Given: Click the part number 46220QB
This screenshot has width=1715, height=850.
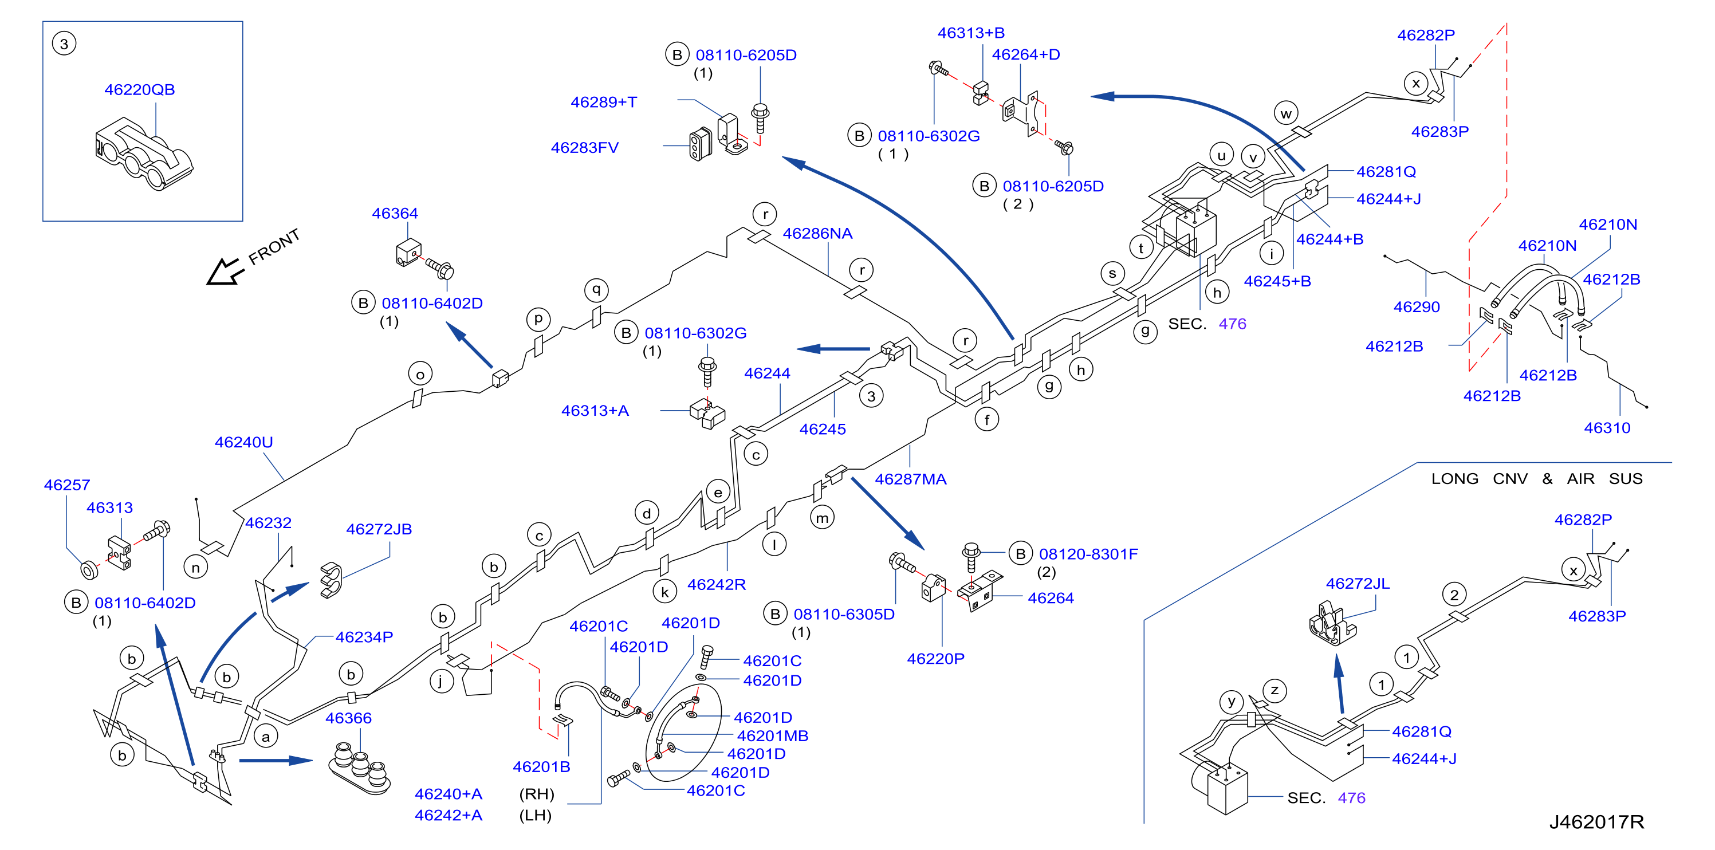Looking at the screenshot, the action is pos(139,89).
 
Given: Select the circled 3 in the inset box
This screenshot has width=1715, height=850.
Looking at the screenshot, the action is pos(64,44).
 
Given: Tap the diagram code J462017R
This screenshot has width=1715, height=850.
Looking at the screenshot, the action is pos(1596,822).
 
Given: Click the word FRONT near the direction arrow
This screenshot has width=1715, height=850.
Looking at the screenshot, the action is pos(274,246).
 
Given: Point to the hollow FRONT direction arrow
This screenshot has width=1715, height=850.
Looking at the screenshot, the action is pos(225,271).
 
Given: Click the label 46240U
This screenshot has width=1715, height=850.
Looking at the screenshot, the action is pos(243,442).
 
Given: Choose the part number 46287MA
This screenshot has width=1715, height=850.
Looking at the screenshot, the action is pos(910,479).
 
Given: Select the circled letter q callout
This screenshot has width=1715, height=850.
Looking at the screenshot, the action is pos(596,290).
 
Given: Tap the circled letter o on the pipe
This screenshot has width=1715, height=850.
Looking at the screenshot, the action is pos(420,374).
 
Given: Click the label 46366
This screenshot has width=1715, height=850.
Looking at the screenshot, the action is pos(348,718).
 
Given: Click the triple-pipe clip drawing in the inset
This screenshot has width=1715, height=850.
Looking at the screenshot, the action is pos(143,154).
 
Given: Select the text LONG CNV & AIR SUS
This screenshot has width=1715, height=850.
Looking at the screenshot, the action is pos(1537,479).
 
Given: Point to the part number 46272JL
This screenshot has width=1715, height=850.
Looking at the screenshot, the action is pos(1358,584).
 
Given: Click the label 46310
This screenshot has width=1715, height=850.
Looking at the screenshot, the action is pos(1607,428).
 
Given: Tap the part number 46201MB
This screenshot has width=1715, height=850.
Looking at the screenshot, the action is pos(772,736).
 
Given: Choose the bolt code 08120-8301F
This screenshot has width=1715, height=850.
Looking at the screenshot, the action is pos(1088,554).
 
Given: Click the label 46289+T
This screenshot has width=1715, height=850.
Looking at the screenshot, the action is pos(604,102).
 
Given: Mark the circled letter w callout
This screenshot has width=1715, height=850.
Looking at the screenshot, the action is pos(1287,113).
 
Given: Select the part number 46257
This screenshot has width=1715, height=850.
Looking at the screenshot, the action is pos(66,485).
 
